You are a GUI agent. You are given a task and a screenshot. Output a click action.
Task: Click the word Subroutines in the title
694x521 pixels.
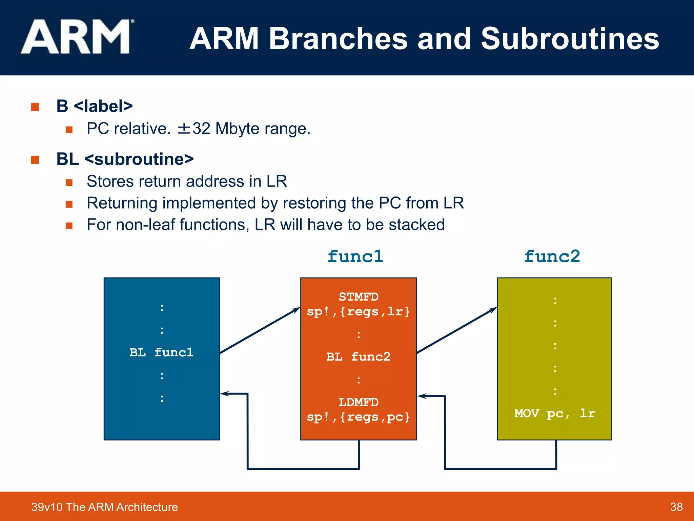(x=570, y=39)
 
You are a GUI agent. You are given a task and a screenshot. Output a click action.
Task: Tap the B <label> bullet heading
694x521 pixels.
(x=94, y=106)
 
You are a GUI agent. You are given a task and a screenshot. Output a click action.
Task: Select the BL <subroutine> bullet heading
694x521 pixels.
(x=125, y=159)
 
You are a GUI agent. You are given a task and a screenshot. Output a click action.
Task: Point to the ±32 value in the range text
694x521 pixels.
(x=194, y=129)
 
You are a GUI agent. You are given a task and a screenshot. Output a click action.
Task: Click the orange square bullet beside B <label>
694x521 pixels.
(x=35, y=107)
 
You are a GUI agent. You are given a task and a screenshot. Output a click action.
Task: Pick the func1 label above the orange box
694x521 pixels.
(x=355, y=256)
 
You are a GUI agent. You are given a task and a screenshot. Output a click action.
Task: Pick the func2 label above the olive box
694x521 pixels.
(x=552, y=256)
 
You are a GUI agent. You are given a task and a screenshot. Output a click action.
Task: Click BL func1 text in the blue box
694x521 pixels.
(x=161, y=352)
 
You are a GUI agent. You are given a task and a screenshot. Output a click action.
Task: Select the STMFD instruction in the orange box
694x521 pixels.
(x=359, y=297)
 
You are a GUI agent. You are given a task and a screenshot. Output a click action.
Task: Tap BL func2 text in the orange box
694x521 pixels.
(x=358, y=357)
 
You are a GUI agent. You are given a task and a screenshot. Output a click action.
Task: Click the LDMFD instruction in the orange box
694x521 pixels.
(x=359, y=402)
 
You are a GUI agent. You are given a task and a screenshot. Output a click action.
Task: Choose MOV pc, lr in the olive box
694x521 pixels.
(x=555, y=413)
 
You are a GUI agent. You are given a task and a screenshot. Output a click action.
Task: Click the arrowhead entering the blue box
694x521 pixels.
(x=224, y=394)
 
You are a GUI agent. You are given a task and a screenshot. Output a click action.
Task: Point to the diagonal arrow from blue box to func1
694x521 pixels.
(x=260, y=331)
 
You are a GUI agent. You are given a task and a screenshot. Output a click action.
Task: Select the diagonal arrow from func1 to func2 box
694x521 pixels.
(x=456, y=331)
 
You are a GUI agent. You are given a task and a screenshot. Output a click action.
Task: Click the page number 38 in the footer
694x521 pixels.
(x=676, y=507)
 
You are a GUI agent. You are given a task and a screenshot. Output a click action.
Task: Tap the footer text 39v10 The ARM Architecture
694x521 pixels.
(x=104, y=507)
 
